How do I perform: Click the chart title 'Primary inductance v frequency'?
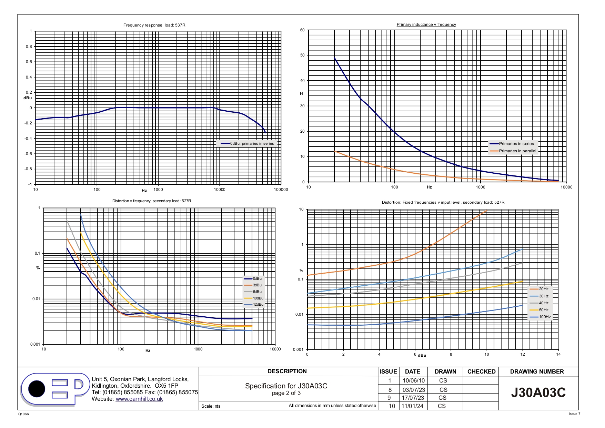[x=426, y=24]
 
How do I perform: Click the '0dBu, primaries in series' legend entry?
[x=247, y=143]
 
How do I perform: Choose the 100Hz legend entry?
[x=540, y=317]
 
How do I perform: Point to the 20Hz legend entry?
[x=539, y=289]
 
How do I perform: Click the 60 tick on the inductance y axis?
[x=302, y=30]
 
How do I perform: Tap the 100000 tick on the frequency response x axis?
[x=281, y=190]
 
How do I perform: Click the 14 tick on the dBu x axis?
[x=558, y=354]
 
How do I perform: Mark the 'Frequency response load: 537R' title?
[x=154, y=25]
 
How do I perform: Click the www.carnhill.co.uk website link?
[x=139, y=399]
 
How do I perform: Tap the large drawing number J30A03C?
[x=538, y=393]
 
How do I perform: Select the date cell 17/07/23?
[x=413, y=398]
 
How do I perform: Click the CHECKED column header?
[x=481, y=371]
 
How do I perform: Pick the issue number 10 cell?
[x=392, y=406]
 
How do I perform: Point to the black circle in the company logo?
[x=37, y=389]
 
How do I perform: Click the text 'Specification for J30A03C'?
[x=286, y=386]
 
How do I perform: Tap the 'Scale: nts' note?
[x=211, y=406]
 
